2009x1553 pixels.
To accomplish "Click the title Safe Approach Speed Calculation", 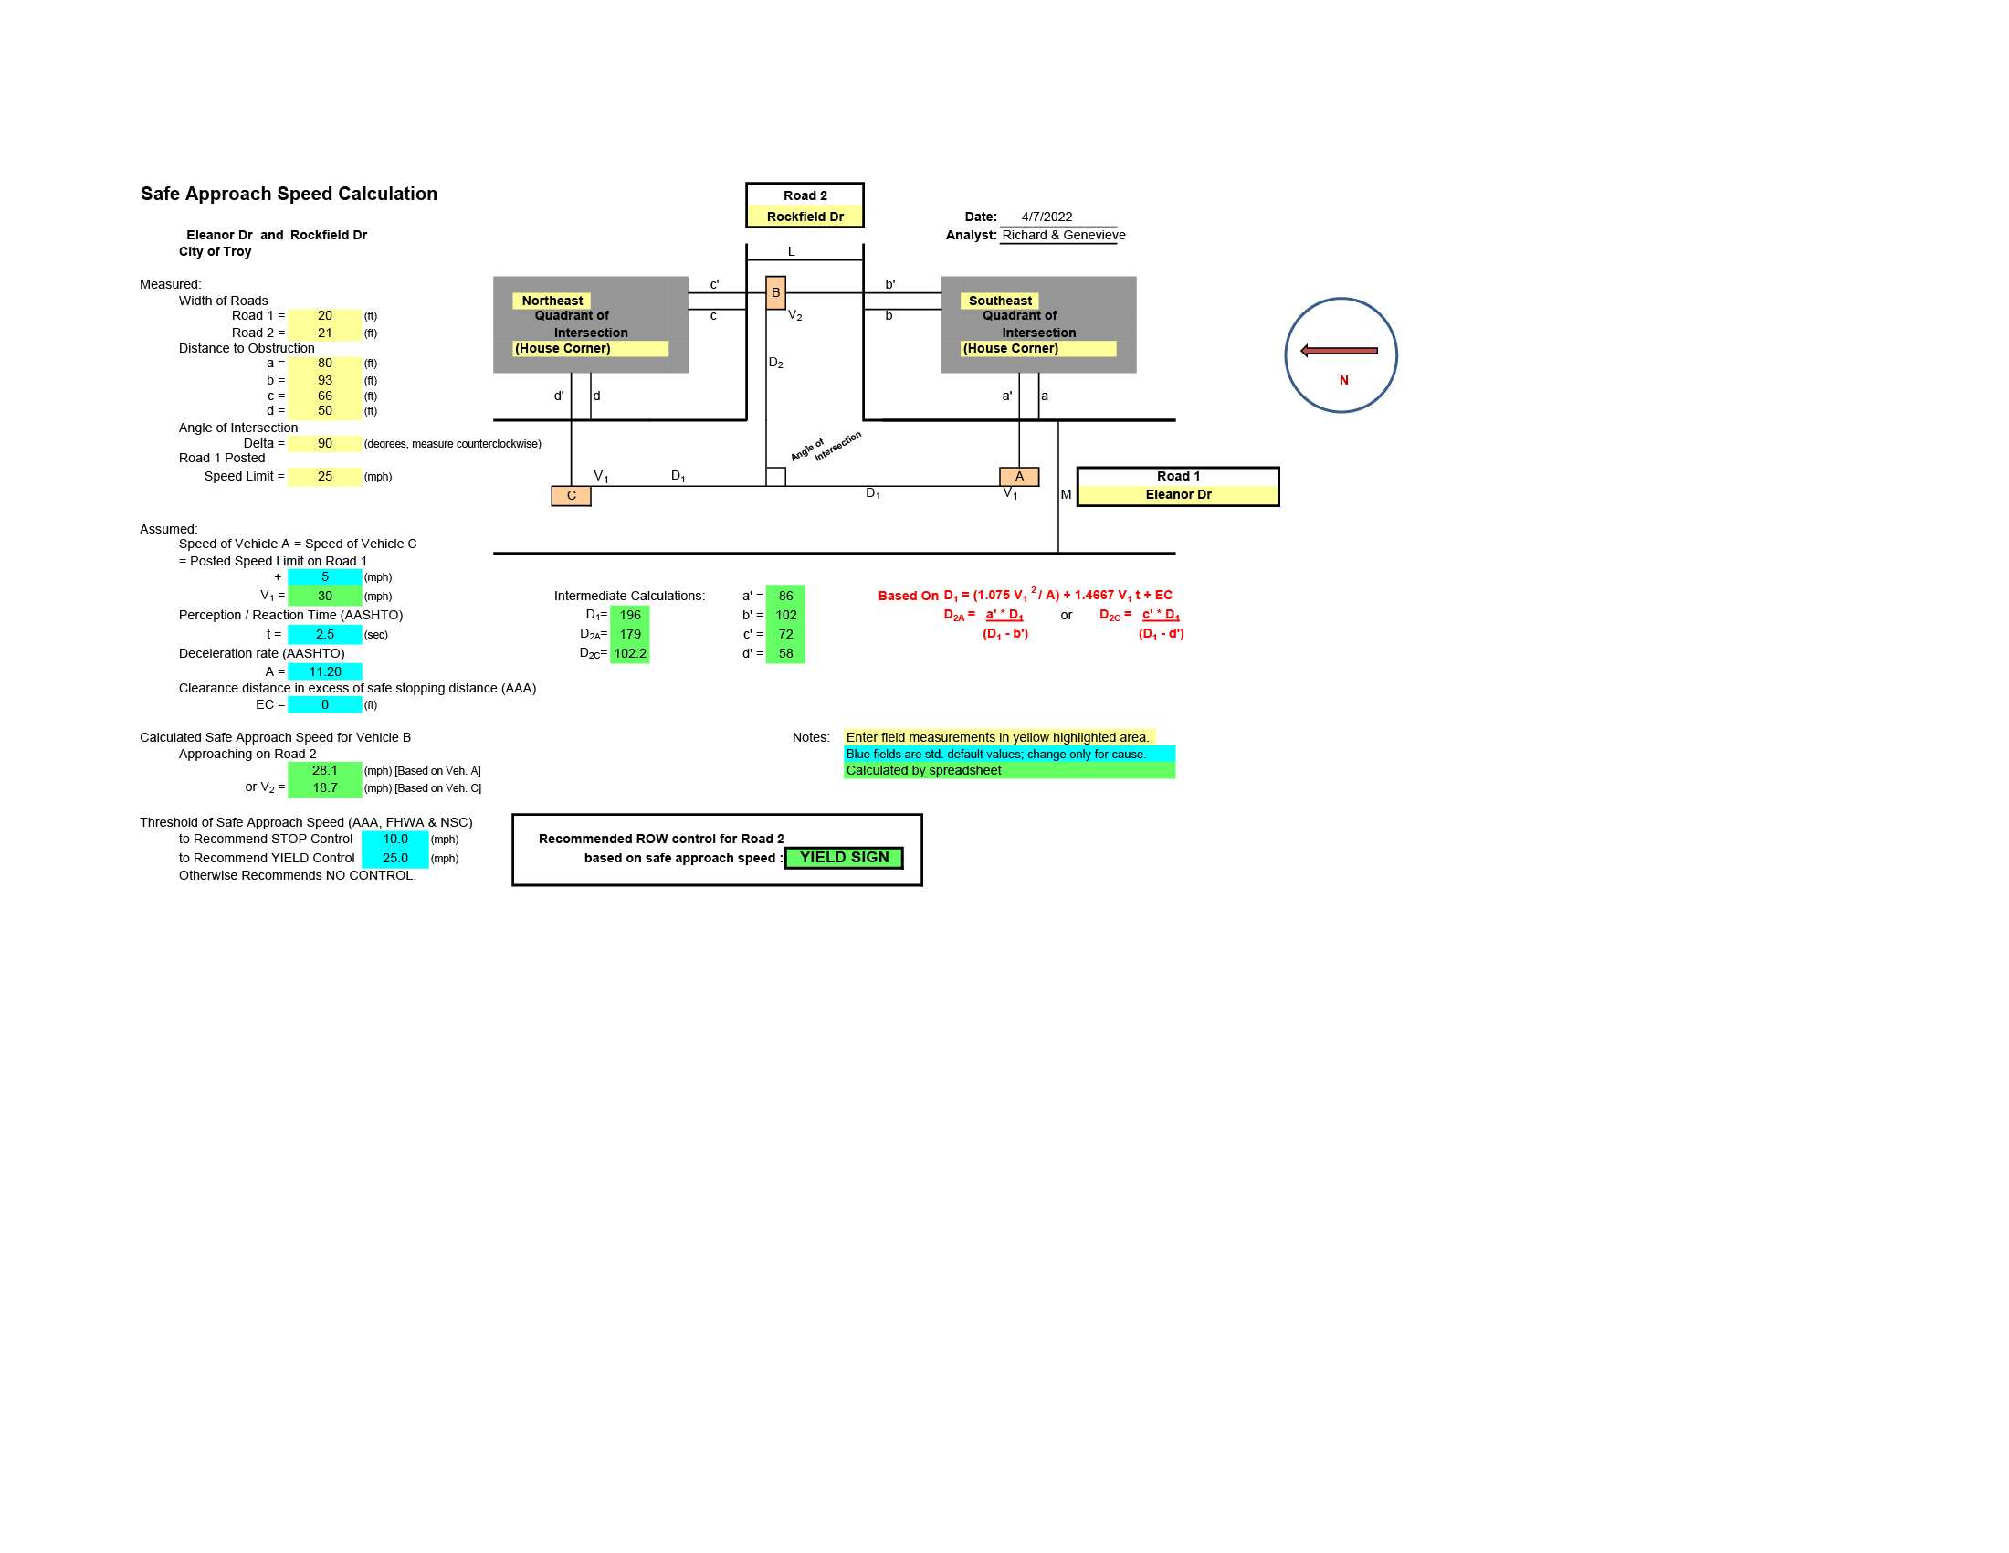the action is pos(289,194).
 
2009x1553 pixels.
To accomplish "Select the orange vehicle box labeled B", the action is pos(775,292).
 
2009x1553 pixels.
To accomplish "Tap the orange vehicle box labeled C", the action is pos(572,496).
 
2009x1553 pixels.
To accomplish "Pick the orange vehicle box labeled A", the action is pos(1019,477).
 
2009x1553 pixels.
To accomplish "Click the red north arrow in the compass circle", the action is pos(1339,351).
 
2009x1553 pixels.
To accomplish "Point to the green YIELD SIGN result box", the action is pos(844,858).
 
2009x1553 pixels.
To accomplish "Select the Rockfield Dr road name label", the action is pos(805,217).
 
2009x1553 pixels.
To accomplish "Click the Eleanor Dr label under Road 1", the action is pos(1178,495).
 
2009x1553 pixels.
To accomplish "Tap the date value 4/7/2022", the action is pos(1047,217).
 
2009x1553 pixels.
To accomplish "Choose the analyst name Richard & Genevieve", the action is pos(1063,236).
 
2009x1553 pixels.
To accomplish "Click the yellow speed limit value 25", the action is pos(325,477).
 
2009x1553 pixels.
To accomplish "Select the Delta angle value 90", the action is pos(325,443).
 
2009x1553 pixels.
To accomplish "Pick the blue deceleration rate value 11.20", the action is pos(325,671).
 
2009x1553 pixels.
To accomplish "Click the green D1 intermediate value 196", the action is pos(630,616).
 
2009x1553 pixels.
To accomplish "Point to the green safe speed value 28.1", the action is pos(325,771).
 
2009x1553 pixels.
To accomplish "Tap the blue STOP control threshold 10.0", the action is pos(395,839).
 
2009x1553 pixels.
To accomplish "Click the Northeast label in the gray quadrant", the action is pos(552,301).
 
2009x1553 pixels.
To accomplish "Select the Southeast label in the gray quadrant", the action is pos(1000,301).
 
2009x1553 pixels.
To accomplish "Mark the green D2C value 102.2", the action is pos(630,653).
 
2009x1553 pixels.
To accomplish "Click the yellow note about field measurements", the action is pos(998,737).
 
